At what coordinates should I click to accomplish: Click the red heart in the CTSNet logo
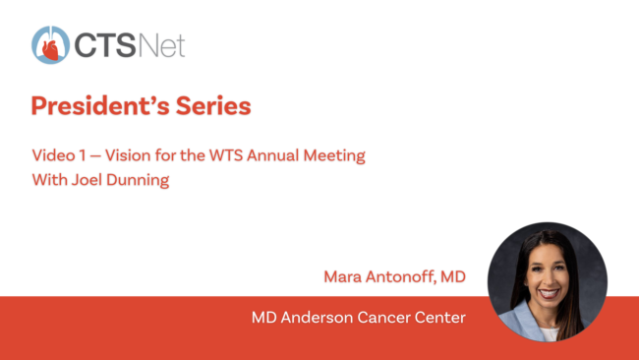pyautogui.click(x=51, y=50)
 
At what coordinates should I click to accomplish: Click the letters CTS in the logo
pyautogui.click(x=105, y=45)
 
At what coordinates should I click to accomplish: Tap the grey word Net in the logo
pyautogui.click(x=162, y=45)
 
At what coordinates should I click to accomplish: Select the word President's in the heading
pyautogui.click(x=100, y=106)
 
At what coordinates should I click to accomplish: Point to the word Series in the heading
pyautogui.click(x=213, y=106)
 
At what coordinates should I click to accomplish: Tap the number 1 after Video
pyautogui.click(x=83, y=155)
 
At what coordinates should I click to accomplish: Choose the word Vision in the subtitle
pyautogui.click(x=128, y=155)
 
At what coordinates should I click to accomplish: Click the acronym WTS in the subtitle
pyautogui.click(x=226, y=155)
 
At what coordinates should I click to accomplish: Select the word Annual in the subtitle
pyautogui.click(x=272, y=155)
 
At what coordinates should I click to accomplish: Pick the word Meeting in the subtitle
pyautogui.click(x=334, y=156)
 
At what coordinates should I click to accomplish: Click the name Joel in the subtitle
pyautogui.click(x=87, y=180)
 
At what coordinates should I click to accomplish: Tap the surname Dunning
pyautogui.click(x=138, y=181)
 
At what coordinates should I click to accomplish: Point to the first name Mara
pyautogui.click(x=343, y=276)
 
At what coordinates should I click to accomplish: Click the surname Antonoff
pyautogui.click(x=400, y=276)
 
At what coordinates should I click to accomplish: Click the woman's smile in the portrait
pyautogui.click(x=549, y=293)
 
